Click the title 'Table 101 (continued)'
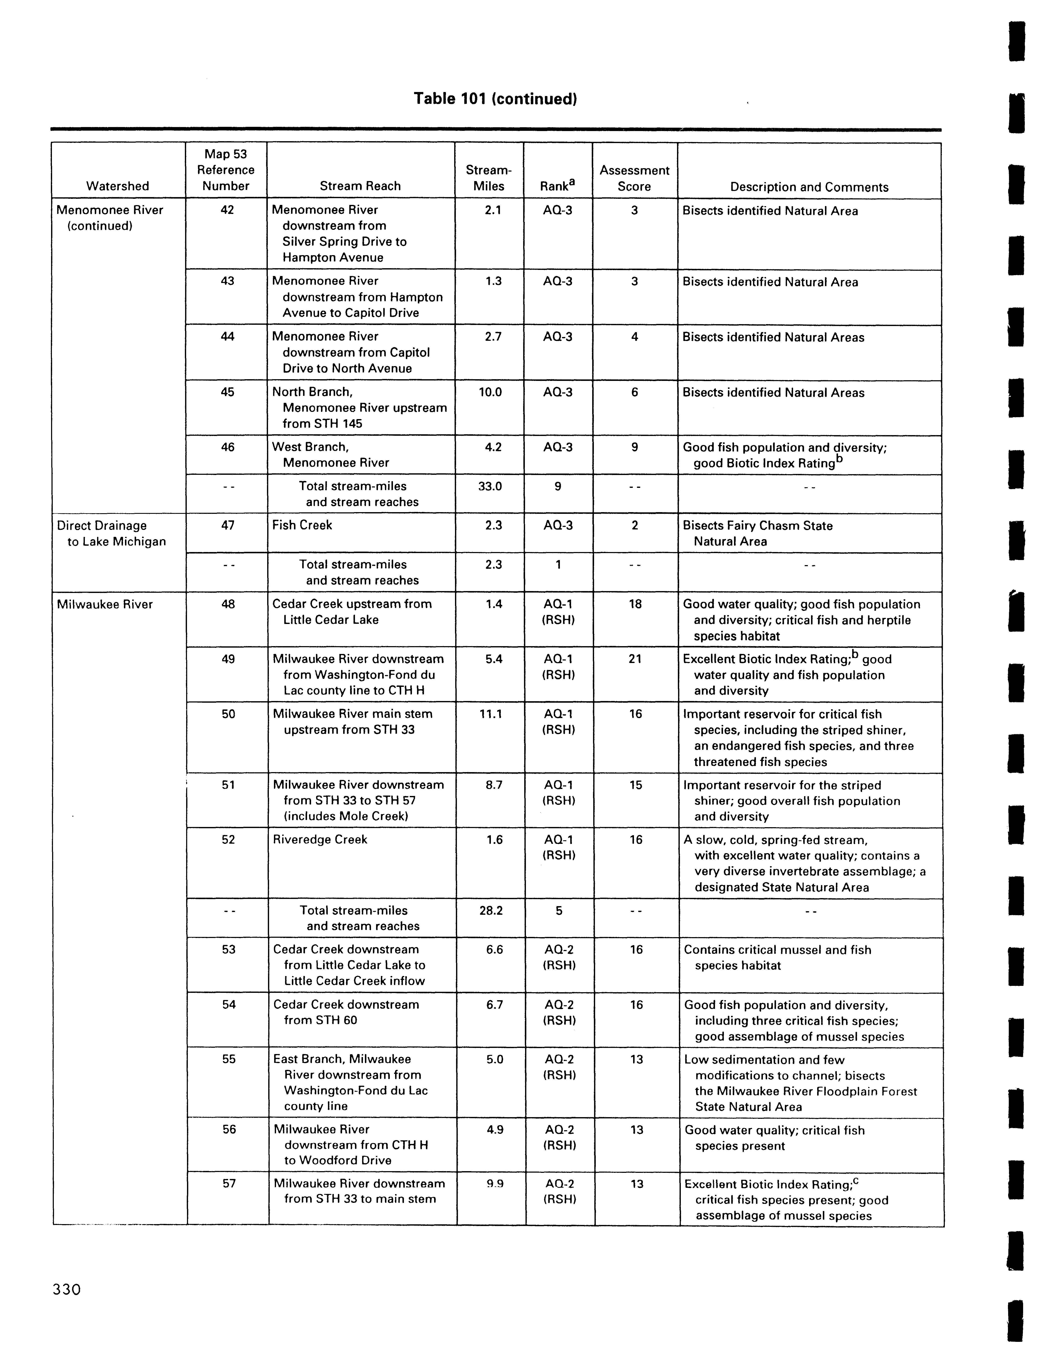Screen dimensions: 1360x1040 495,99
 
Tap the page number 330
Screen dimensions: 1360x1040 67,1290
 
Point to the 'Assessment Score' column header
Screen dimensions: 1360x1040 635,178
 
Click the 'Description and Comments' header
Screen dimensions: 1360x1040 809,187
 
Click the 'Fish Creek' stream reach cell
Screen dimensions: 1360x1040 302,525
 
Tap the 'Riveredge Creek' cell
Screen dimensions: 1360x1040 320,839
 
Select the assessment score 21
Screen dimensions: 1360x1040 635,659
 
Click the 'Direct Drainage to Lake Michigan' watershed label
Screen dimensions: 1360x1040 111,533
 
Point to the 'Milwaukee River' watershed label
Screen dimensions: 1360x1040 105,604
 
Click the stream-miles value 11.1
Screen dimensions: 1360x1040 491,714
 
